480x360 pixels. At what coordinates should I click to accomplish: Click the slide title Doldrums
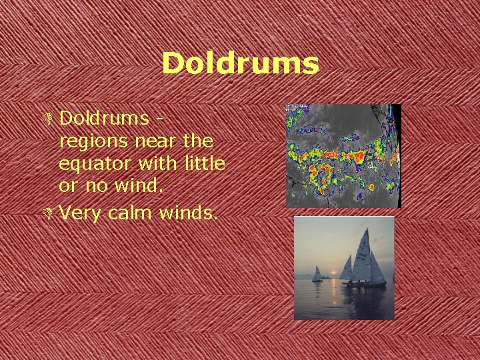(x=240, y=64)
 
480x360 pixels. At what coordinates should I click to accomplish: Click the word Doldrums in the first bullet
(x=103, y=118)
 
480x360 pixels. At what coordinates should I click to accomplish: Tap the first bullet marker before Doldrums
(x=51, y=119)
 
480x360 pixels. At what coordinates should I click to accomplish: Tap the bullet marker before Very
(x=51, y=213)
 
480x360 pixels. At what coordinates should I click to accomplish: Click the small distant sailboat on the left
(x=317, y=274)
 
